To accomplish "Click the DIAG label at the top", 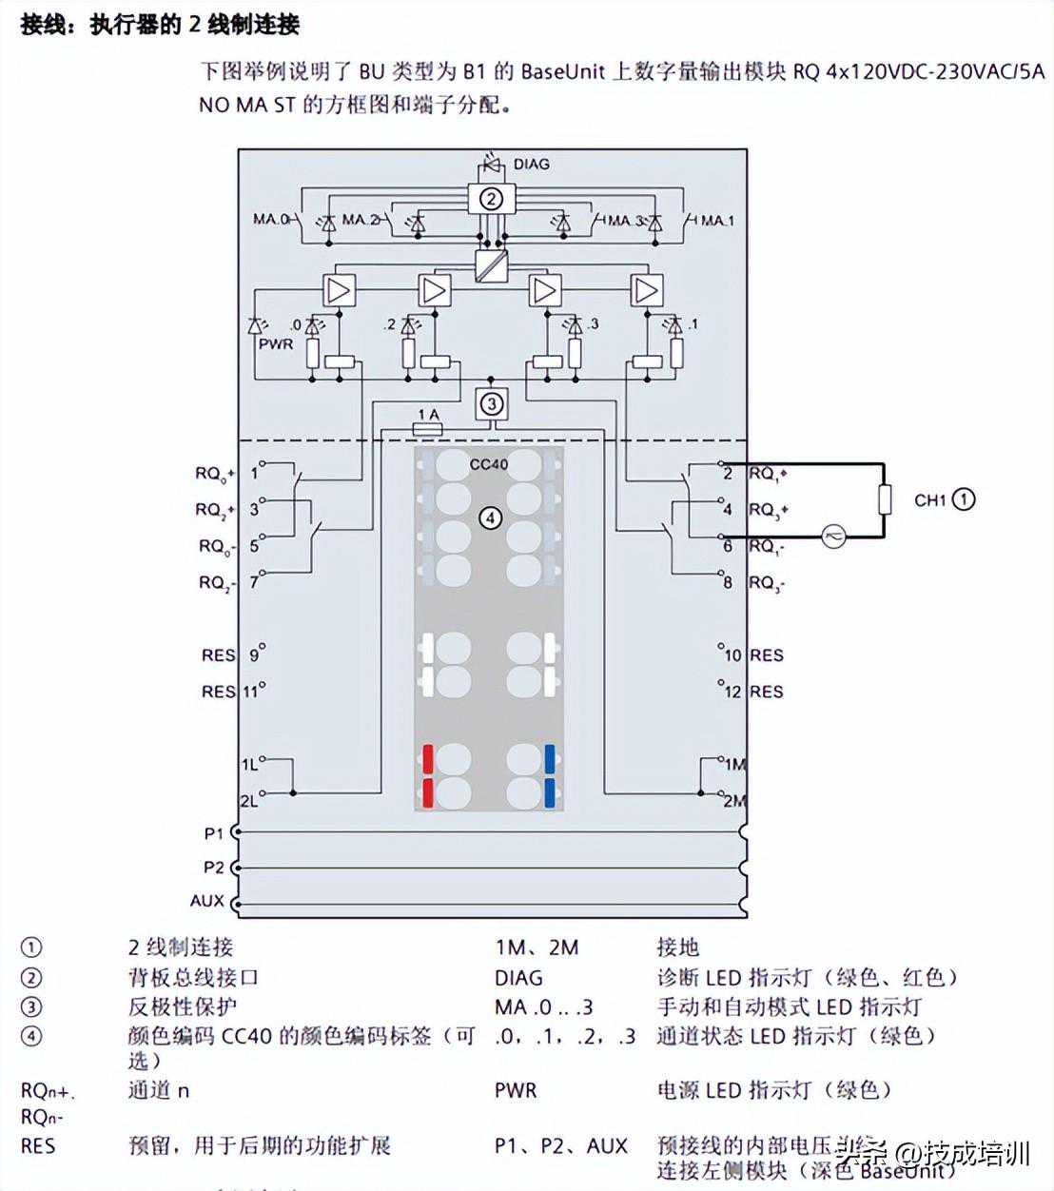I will pyautogui.click(x=531, y=164).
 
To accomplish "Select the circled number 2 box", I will pyautogui.click(x=491, y=199).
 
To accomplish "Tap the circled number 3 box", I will pyautogui.click(x=491, y=403).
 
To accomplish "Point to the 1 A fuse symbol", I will pyautogui.click(x=427, y=430).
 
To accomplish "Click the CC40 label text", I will pyautogui.click(x=489, y=464).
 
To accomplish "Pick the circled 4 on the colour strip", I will pyautogui.click(x=489, y=517).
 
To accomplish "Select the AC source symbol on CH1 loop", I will pyautogui.click(x=833, y=537).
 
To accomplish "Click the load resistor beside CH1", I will pyautogui.click(x=884, y=499).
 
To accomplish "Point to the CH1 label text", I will pyautogui.click(x=930, y=499).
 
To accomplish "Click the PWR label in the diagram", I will pyautogui.click(x=276, y=343).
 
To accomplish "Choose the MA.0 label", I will pyautogui.click(x=270, y=220).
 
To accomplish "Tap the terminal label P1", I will pyautogui.click(x=214, y=833).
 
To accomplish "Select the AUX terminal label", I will pyautogui.click(x=207, y=900).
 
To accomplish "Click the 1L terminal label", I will pyautogui.click(x=248, y=764).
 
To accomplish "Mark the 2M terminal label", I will pyautogui.click(x=734, y=801).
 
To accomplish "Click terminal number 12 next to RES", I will pyautogui.click(x=732, y=692).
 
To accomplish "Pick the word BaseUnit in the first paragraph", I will pyautogui.click(x=562, y=71).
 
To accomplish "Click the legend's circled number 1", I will pyautogui.click(x=31, y=947).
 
